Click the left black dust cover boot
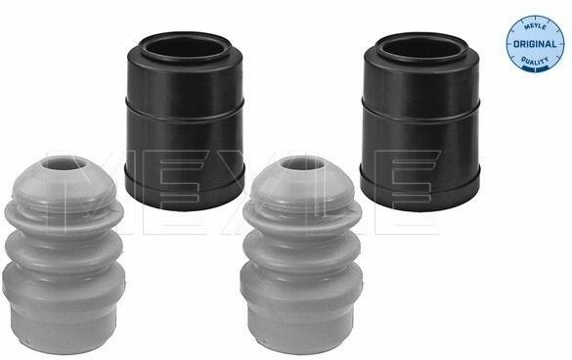pyautogui.click(x=185, y=120)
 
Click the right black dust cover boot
pyautogui.click(x=419, y=120)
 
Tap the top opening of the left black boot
pyautogui.click(x=186, y=49)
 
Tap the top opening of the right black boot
pyautogui.click(x=419, y=49)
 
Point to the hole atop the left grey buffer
pyautogui.click(x=62, y=164)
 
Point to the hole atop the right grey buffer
pyautogui.click(x=304, y=164)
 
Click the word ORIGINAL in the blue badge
pyautogui.click(x=535, y=44)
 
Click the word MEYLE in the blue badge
pyautogui.click(x=535, y=27)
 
